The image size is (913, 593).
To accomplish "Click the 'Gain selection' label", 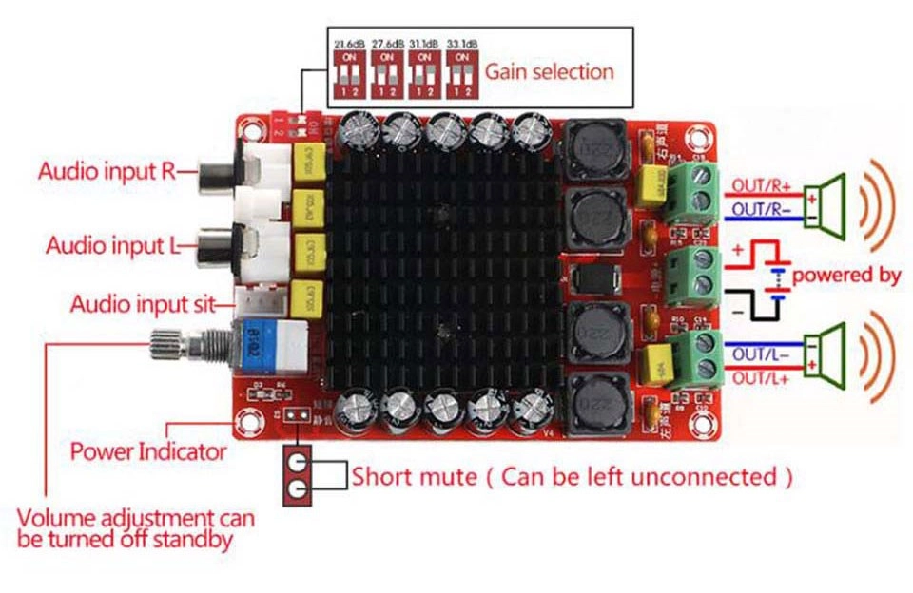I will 550,71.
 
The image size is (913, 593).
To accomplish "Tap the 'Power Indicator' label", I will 148,451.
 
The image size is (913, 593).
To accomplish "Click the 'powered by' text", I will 846,276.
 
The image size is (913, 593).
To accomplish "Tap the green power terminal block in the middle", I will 692,274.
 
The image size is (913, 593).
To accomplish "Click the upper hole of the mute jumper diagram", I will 299,462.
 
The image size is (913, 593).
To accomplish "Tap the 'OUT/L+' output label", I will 762,380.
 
